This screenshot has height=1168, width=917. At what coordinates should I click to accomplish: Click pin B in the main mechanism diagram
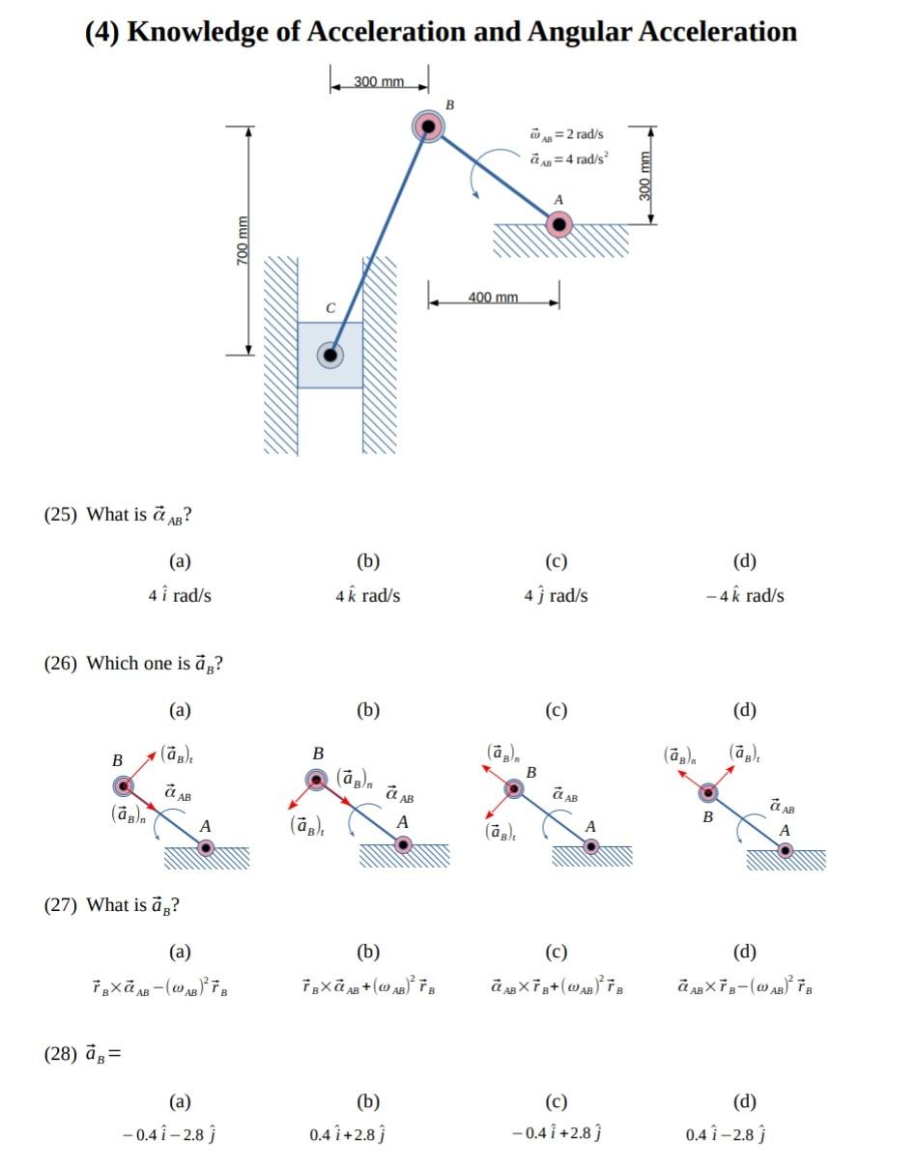[x=428, y=127]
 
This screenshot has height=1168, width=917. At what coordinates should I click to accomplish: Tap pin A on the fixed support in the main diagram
[x=559, y=224]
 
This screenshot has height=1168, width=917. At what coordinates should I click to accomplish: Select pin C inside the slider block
[x=330, y=356]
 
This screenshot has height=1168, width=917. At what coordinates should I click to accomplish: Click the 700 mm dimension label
[x=243, y=241]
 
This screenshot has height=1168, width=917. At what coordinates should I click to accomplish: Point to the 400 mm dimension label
[x=493, y=298]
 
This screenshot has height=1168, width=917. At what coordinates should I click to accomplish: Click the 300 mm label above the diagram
[x=379, y=82]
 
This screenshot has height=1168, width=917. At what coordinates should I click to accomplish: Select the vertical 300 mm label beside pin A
[x=645, y=176]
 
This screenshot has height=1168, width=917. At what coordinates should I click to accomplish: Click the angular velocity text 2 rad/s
[x=567, y=134]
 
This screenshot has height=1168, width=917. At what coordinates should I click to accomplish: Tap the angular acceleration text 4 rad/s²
[x=569, y=159]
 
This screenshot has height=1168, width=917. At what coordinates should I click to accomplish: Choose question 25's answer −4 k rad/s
[x=745, y=595]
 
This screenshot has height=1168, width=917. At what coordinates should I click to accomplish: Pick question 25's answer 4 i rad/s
[x=180, y=595]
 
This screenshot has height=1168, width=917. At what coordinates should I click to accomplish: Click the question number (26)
[x=61, y=664]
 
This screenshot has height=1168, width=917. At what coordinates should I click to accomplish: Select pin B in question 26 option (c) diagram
[x=514, y=788]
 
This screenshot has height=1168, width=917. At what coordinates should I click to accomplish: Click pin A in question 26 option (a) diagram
[x=205, y=847]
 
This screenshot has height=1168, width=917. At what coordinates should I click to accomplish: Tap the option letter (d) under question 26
[x=744, y=710]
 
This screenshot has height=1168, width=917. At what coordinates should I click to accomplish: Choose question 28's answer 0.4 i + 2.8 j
[x=348, y=1135]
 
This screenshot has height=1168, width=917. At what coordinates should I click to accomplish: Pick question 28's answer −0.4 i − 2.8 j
[x=169, y=1135]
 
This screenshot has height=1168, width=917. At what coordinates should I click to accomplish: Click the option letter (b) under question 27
[x=368, y=952]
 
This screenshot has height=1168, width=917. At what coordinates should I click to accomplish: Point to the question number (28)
[x=61, y=1054]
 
